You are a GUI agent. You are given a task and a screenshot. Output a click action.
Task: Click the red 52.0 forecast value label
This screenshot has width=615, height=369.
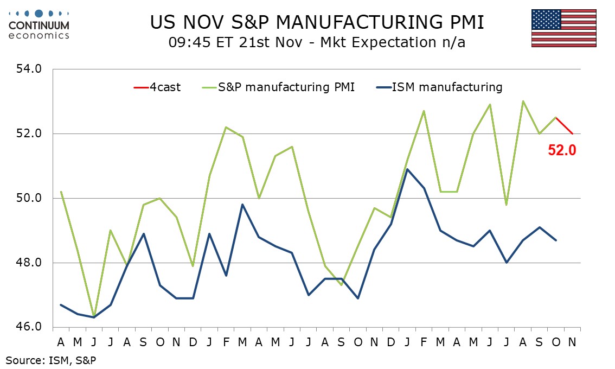(x=561, y=150)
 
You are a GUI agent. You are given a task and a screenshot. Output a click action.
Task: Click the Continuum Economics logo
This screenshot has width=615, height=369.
(x=39, y=24)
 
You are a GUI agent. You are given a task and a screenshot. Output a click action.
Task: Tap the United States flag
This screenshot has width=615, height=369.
(x=563, y=28)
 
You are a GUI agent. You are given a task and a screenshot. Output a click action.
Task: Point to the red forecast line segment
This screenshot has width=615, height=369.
(x=564, y=125)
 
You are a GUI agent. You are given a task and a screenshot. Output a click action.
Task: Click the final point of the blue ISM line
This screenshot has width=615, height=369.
(x=555, y=240)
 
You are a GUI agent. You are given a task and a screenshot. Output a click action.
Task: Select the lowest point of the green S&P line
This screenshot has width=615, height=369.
(x=94, y=316)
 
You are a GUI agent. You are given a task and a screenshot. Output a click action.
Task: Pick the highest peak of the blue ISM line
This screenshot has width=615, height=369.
(x=407, y=169)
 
